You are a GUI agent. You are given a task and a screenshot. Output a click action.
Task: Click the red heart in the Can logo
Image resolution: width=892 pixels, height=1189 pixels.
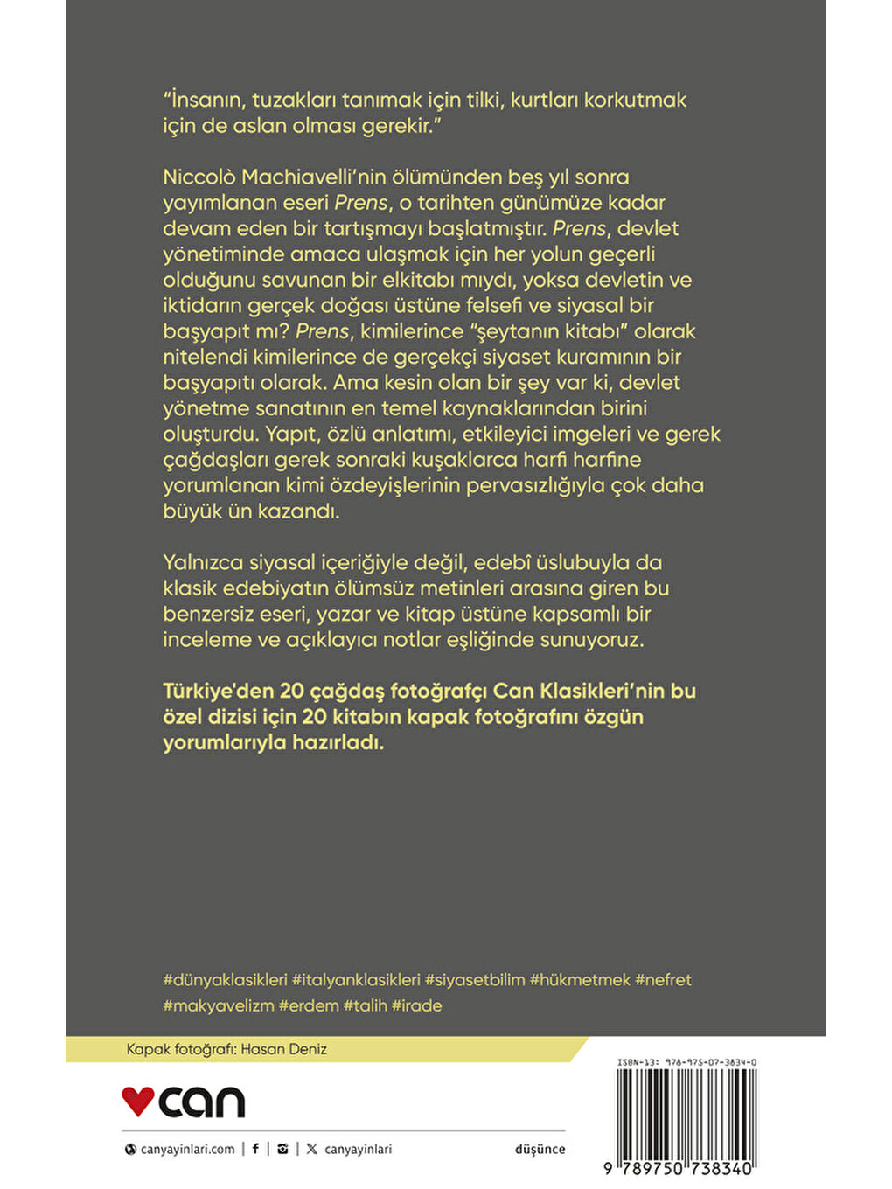[x=137, y=1101]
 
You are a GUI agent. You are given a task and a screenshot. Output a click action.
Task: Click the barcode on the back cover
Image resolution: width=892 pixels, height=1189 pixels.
[x=686, y=1115]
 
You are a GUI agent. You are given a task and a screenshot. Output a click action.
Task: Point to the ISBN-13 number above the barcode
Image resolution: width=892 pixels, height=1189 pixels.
[x=686, y=1062]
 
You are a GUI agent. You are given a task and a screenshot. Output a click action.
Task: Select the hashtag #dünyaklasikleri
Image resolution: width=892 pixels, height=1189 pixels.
[x=226, y=980]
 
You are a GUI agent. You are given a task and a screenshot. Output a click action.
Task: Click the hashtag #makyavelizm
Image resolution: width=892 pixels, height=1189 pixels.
[x=219, y=1005]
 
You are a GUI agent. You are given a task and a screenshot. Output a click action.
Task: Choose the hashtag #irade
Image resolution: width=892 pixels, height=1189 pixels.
[x=417, y=1005]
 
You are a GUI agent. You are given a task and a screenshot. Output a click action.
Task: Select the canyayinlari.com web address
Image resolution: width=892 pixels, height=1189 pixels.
[x=187, y=1150]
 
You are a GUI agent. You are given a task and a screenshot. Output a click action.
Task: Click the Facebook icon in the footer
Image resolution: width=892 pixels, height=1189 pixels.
[x=255, y=1149]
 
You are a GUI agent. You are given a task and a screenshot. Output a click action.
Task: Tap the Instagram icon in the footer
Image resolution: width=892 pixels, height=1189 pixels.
[x=282, y=1149]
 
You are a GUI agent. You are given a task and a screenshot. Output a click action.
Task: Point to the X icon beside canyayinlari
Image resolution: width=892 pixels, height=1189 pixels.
[x=312, y=1149]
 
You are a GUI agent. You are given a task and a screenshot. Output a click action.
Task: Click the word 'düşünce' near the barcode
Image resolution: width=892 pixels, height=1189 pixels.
[x=540, y=1150]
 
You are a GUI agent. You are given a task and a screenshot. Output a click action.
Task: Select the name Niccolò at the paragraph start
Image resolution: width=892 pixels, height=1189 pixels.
[x=199, y=177]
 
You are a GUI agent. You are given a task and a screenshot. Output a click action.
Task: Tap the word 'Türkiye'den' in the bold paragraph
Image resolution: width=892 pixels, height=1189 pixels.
[x=218, y=691]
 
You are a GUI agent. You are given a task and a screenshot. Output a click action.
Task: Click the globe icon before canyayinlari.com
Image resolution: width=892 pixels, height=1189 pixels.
[x=131, y=1150]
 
